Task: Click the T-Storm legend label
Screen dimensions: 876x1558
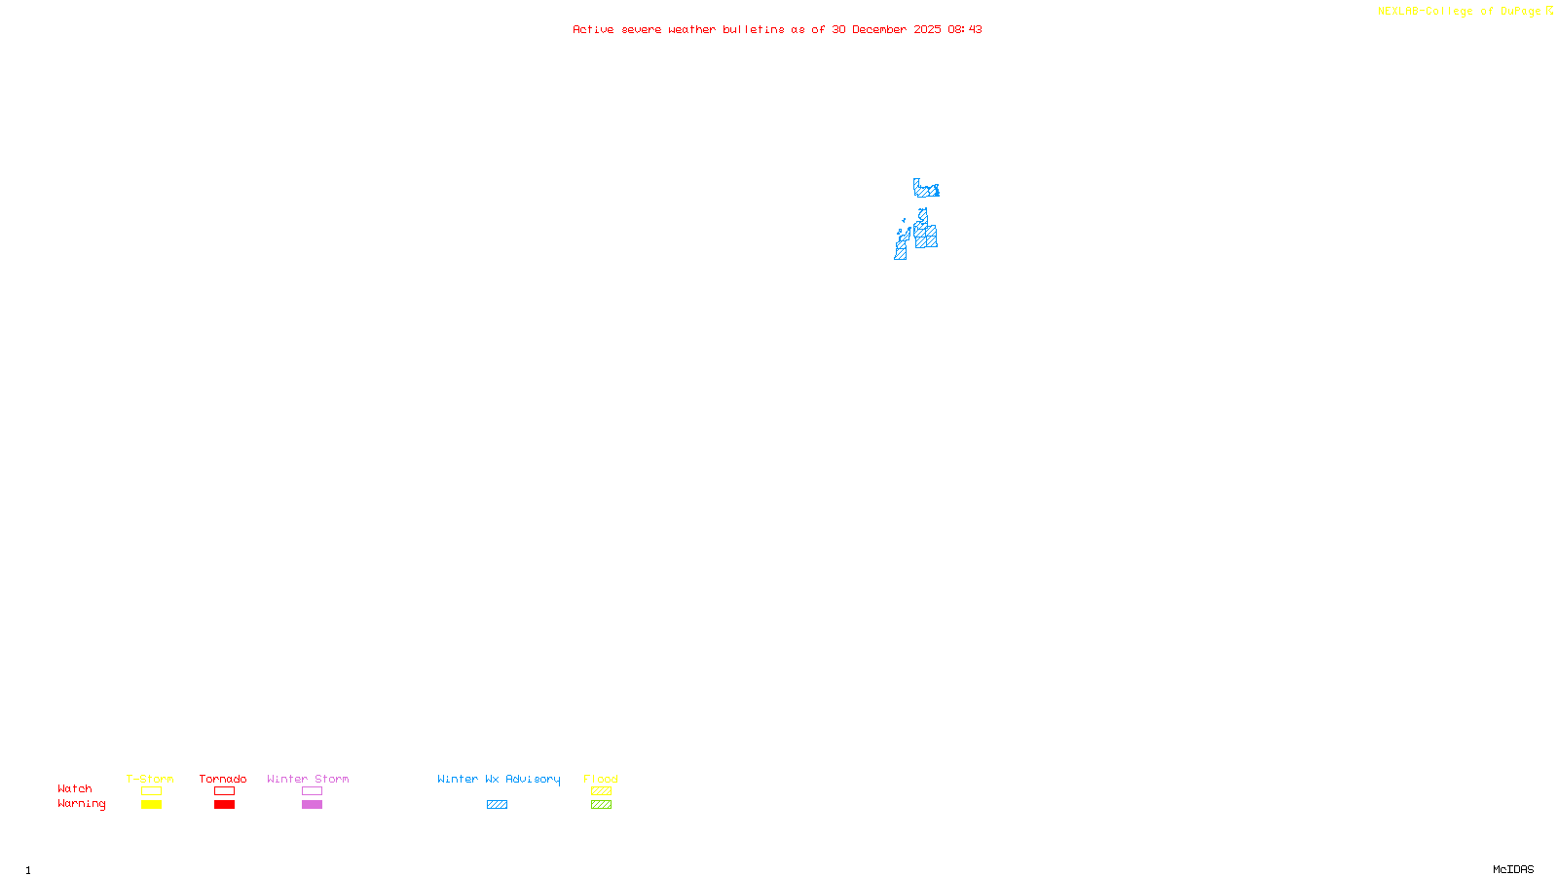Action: pos(150,779)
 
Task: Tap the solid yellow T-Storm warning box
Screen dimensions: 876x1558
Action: pos(151,805)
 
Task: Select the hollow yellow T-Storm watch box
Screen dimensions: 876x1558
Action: pos(151,791)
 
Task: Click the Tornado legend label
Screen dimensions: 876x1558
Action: pos(223,779)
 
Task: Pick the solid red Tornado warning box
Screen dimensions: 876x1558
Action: pos(224,805)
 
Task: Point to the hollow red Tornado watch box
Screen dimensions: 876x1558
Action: pos(224,791)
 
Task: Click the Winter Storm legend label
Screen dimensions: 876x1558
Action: pos(308,779)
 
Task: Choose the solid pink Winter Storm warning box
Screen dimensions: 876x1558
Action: pos(312,805)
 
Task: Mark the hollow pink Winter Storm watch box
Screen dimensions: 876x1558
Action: pos(312,791)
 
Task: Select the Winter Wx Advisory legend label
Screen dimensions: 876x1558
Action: pos(499,779)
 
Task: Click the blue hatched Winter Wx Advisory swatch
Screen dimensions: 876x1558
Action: pos(497,805)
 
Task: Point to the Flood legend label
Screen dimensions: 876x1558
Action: pos(601,779)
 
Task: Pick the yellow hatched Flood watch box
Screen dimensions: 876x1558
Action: pos(601,791)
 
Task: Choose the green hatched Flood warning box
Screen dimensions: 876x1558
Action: pos(601,805)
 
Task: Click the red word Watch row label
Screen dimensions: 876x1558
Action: pos(75,788)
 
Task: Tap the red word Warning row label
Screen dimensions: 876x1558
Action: pos(81,804)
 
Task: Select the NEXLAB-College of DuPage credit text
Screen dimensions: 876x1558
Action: pos(1460,12)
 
